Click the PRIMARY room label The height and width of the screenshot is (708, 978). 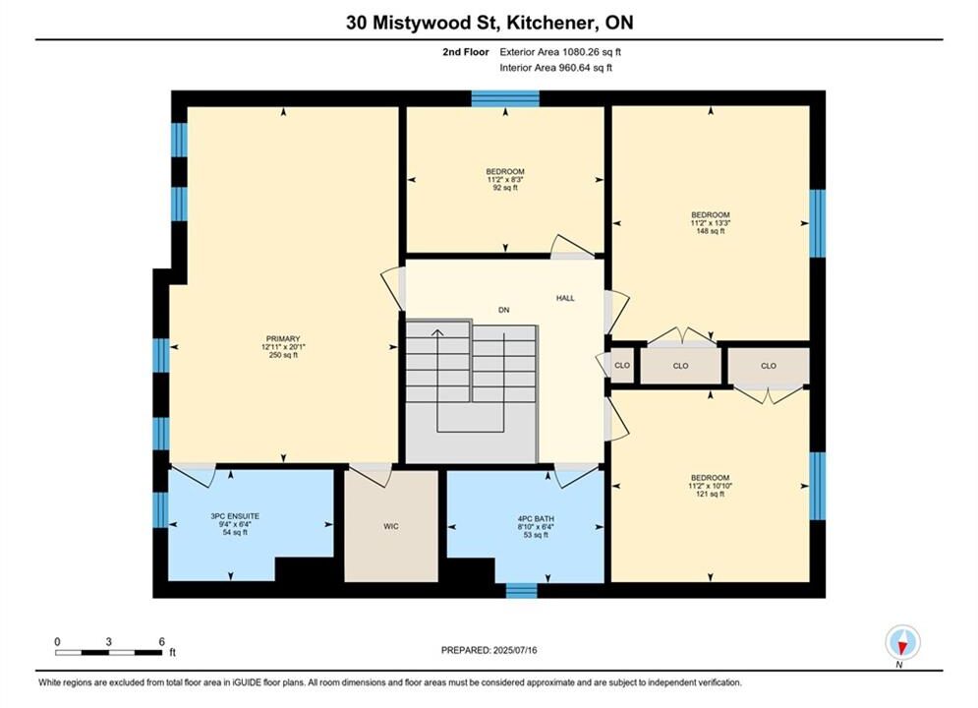pyautogui.click(x=283, y=338)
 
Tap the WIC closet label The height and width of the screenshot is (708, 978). pyautogui.click(x=391, y=526)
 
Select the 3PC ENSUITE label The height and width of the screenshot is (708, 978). pyautogui.click(x=235, y=516)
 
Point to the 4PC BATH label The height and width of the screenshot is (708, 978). pyautogui.click(x=536, y=518)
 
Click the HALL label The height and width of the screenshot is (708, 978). pyautogui.click(x=566, y=298)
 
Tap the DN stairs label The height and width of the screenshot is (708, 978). pyautogui.click(x=504, y=310)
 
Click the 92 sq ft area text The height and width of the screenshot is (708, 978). pyautogui.click(x=505, y=188)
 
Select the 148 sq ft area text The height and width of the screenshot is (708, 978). pyautogui.click(x=711, y=231)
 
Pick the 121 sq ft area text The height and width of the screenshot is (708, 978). pyautogui.click(x=711, y=494)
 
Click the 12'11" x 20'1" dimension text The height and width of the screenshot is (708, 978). pyautogui.click(x=283, y=347)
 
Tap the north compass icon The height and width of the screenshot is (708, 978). pyautogui.click(x=902, y=642)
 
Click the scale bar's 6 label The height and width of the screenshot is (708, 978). pyautogui.click(x=161, y=641)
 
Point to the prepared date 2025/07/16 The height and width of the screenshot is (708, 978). pyautogui.click(x=515, y=650)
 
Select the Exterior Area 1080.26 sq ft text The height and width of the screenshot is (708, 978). pyautogui.click(x=560, y=52)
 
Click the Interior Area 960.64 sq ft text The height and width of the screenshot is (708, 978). pyautogui.click(x=555, y=68)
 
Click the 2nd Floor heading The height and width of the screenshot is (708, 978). pyautogui.click(x=466, y=52)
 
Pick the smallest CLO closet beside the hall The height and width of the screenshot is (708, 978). pyautogui.click(x=622, y=366)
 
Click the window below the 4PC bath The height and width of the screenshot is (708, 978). pyautogui.click(x=521, y=590)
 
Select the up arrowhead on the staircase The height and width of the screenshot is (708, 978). pyautogui.click(x=437, y=333)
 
